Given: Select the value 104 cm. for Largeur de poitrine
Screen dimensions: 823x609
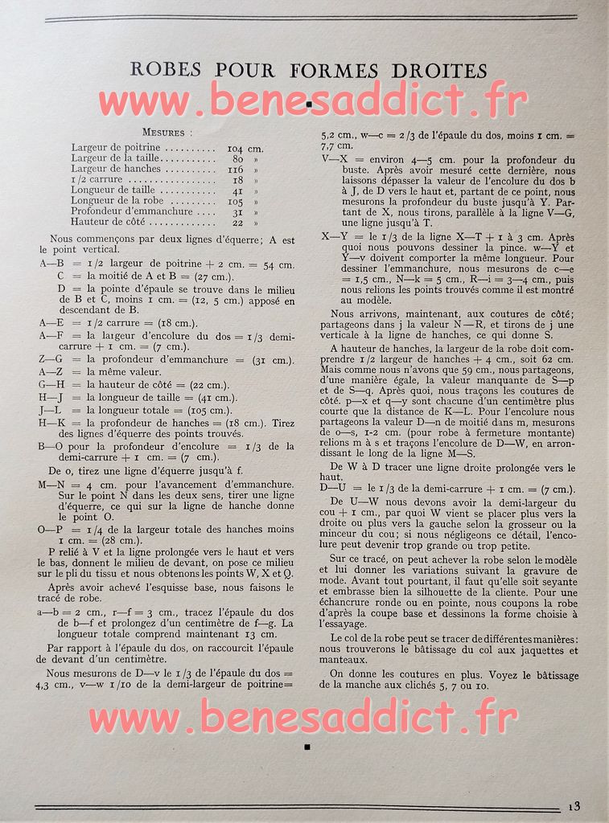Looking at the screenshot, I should pyautogui.click(x=245, y=149).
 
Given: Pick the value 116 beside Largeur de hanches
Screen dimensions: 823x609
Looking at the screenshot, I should pyautogui.click(x=235, y=170).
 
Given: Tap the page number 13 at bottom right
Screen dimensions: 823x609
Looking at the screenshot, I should pyautogui.click(x=573, y=807).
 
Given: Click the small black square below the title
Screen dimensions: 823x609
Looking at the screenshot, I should pyautogui.click(x=309, y=104).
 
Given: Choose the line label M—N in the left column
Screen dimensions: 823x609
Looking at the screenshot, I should pyautogui.click(x=53, y=485).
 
